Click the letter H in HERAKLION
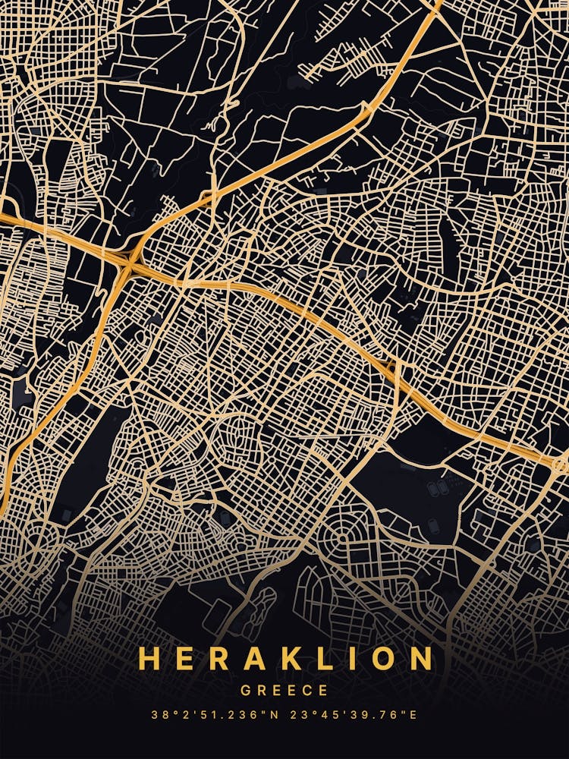(149, 659)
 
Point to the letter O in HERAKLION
(379, 659)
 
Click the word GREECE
(284, 691)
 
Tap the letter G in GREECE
(246, 691)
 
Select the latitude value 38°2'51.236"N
(215, 715)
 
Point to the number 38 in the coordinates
(158, 715)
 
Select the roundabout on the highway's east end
(558, 461)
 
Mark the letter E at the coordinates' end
(413, 715)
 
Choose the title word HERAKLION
(284, 659)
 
